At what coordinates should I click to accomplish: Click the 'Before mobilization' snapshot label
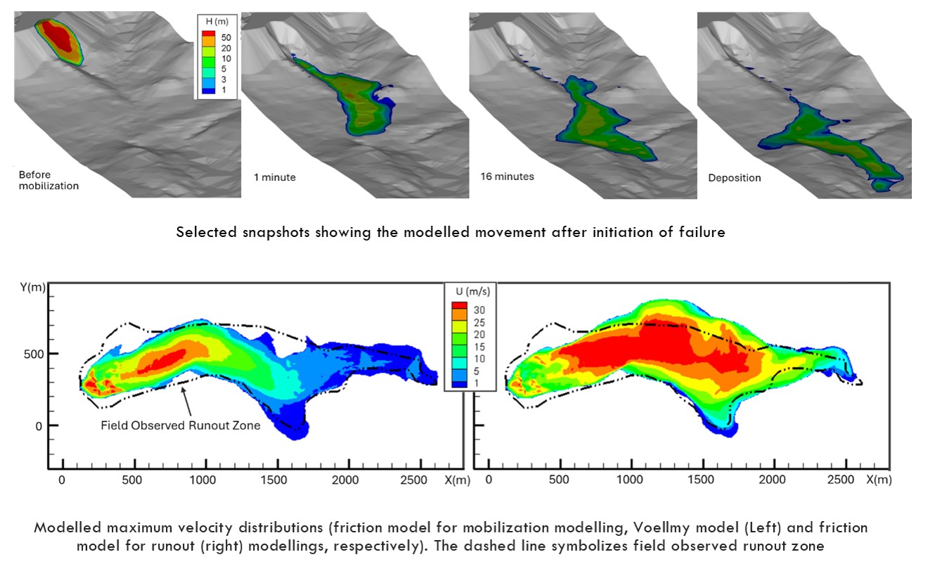pos(49,180)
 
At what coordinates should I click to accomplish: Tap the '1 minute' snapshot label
pos(275,177)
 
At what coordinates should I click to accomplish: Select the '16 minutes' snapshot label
pos(507,177)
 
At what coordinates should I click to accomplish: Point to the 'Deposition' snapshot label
pos(734,178)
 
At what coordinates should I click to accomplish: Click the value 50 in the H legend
pos(226,36)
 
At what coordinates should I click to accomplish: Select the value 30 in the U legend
pos(480,309)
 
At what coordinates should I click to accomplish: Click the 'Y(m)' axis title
pos(32,288)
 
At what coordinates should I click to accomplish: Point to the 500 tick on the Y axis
pos(33,354)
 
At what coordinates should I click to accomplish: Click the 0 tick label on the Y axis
pos(39,425)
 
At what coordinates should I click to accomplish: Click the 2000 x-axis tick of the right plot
pos(773,480)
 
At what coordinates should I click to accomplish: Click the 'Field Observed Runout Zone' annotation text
pos(181,425)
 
